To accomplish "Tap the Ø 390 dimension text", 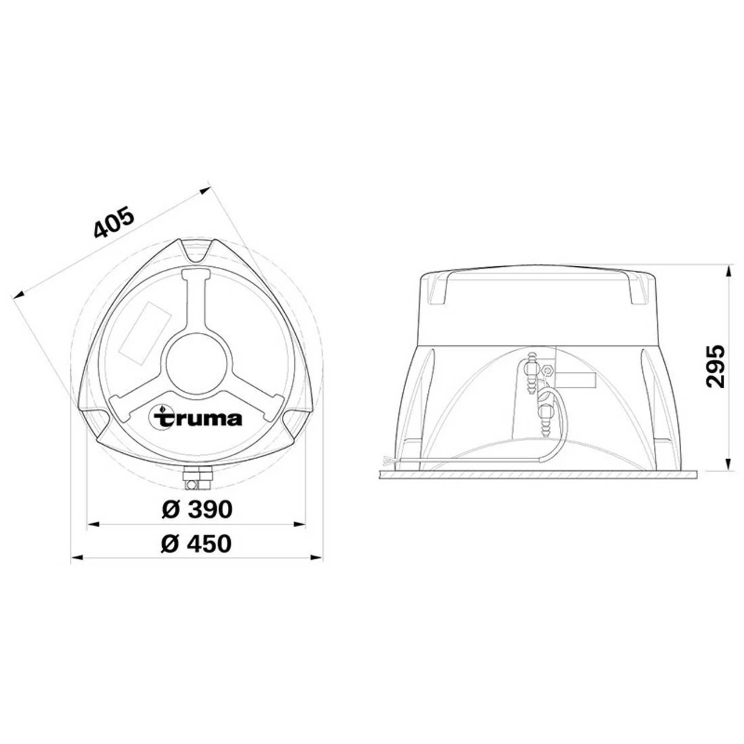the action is [x=196, y=510].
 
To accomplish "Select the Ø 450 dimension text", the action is [x=196, y=543].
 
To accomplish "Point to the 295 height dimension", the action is [x=714, y=366].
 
